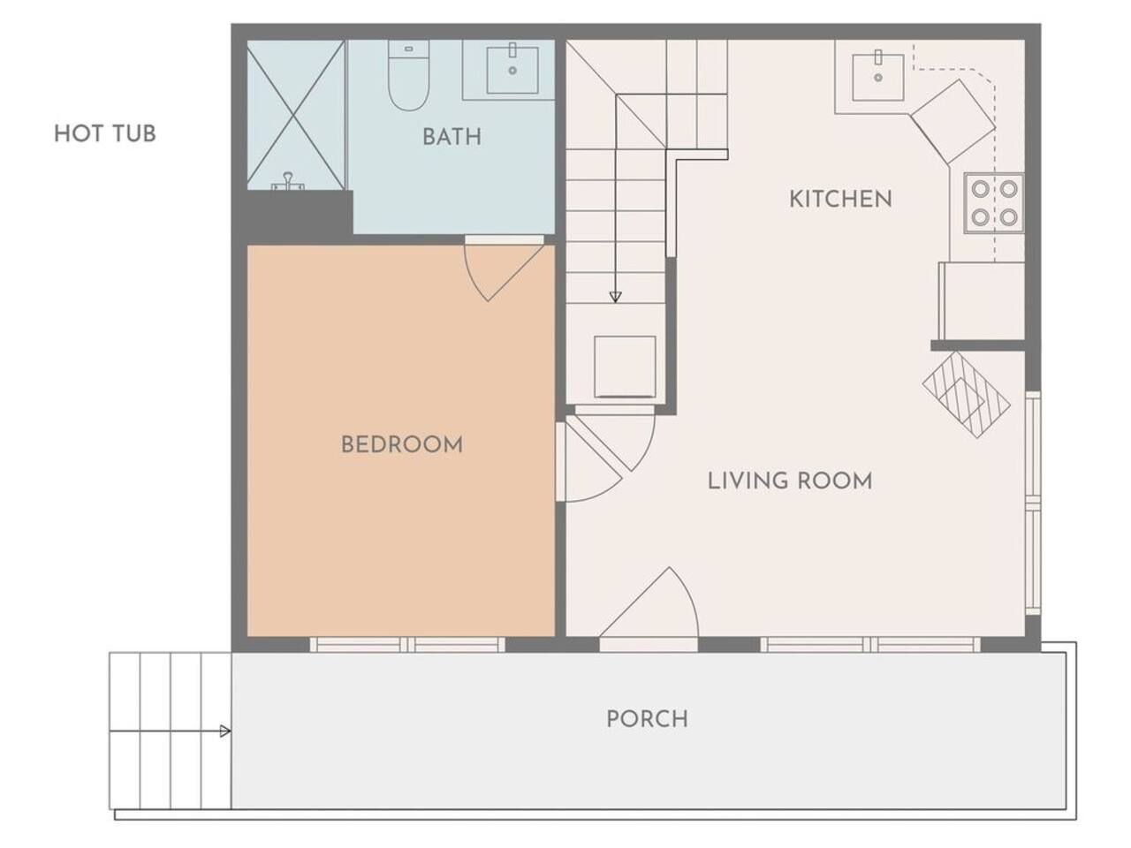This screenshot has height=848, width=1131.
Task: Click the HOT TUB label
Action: [105, 134]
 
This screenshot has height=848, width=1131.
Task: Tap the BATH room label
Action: [452, 137]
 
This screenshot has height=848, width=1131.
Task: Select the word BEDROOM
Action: [402, 445]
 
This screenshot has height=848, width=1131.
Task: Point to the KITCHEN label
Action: [840, 200]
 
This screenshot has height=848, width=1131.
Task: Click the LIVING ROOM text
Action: [790, 481]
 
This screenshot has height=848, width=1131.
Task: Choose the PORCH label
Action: [647, 719]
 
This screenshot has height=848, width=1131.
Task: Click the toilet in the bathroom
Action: [408, 75]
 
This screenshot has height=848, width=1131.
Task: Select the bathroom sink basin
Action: [512, 70]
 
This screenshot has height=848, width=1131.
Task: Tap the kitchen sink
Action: [878, 77]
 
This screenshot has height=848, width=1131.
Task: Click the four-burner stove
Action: [994, 203]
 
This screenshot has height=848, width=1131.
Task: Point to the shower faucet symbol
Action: [288, 182]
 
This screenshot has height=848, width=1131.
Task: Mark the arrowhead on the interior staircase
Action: [615, 297]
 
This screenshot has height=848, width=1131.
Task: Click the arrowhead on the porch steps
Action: [225, 731]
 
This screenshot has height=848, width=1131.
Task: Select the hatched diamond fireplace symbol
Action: [966, 395]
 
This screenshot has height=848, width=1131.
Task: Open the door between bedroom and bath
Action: [505, 268]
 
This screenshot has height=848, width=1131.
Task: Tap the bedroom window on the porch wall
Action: [407, 645]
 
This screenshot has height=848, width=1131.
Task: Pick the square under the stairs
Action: [625, 367]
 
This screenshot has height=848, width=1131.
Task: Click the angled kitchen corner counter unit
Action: [953, 122]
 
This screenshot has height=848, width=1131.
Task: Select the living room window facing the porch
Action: [870, 645]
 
